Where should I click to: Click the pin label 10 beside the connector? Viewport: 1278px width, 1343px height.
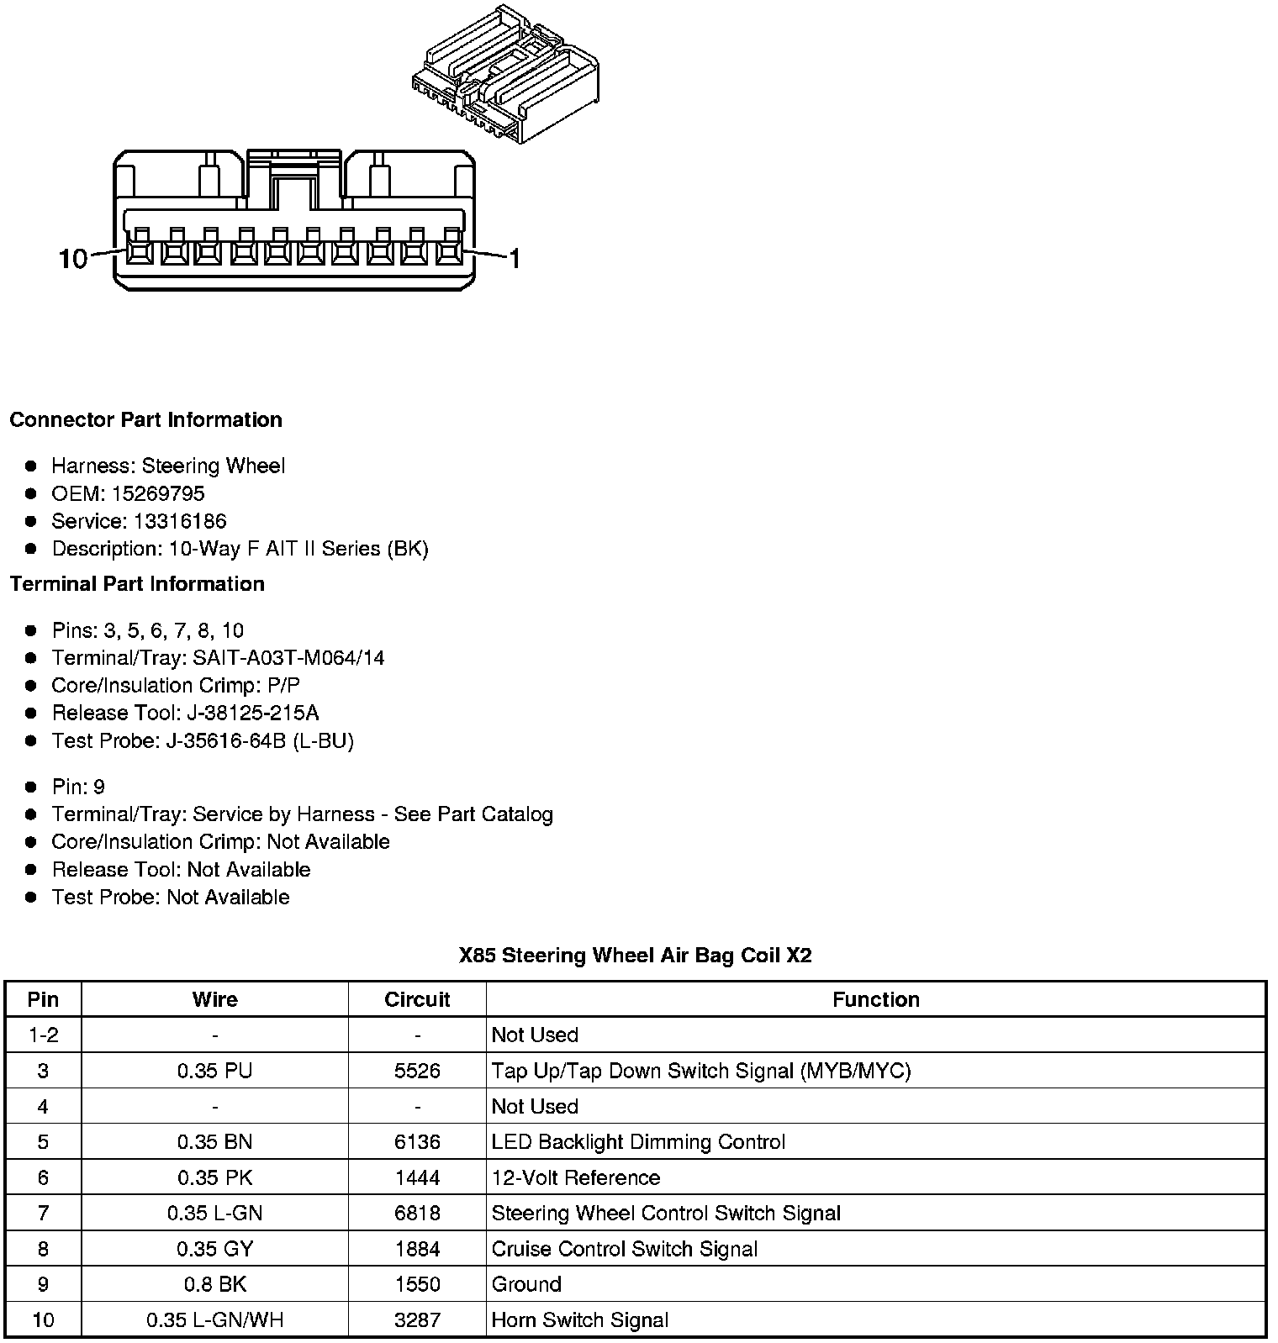(73, 259)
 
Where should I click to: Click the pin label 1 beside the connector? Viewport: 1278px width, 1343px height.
(515, 259)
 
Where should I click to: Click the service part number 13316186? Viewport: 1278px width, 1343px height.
(180, 521)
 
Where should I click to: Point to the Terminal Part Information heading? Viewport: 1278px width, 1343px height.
(137, 584)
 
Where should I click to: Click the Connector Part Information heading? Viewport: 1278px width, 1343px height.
(145, 420)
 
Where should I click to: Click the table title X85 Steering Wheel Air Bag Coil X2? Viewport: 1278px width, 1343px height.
(636, 956)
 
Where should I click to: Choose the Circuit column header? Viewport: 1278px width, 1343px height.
(417, 999)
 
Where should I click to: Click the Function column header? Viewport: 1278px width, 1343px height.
(875, 999)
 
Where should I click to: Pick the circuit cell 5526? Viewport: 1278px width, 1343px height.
(417, 1071)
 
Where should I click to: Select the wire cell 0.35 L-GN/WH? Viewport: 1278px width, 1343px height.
(215, 1320)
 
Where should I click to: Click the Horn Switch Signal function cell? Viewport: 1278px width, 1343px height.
(579, 1320)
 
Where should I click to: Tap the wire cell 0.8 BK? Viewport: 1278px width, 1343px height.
(215, 1284)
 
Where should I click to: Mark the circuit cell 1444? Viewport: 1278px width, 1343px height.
(417, 1177)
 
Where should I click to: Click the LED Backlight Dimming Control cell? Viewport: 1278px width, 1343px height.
(638, 1142)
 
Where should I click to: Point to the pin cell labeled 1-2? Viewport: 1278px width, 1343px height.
(44, 1035)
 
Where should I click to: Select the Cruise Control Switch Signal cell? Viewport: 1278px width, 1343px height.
(624, 1249)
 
